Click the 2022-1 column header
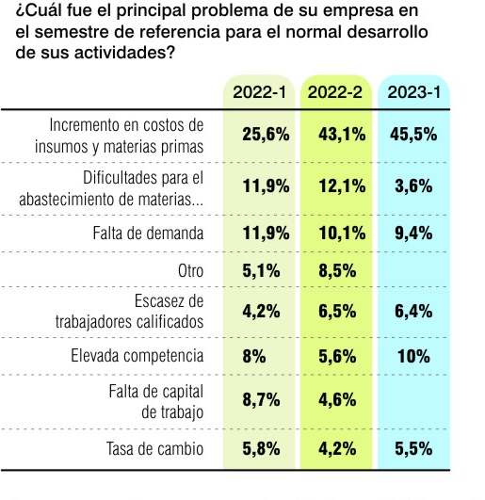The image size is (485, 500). click(260, 92)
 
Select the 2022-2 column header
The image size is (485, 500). click(335, 92)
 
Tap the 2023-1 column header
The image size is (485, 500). click(414, 92)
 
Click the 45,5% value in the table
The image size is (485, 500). click(413, 135)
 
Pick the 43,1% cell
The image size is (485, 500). click(342, 135)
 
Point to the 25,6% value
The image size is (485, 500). click(266, 135)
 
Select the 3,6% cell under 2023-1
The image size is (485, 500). click(413, 186)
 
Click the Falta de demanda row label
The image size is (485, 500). click(148, 234)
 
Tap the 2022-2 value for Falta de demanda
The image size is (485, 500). click(342, 234)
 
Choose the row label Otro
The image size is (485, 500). click(190, 271)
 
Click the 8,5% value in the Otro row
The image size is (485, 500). click(337, 271)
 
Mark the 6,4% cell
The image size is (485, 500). click(413, 312)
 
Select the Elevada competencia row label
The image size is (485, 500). click(137, 356)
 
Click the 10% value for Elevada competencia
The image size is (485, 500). click(413, 356)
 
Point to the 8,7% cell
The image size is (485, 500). click(261, 400)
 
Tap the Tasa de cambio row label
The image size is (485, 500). click(155, 449)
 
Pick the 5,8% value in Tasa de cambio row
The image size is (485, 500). click(261, 449)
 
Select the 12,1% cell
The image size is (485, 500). click(342, 186)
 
